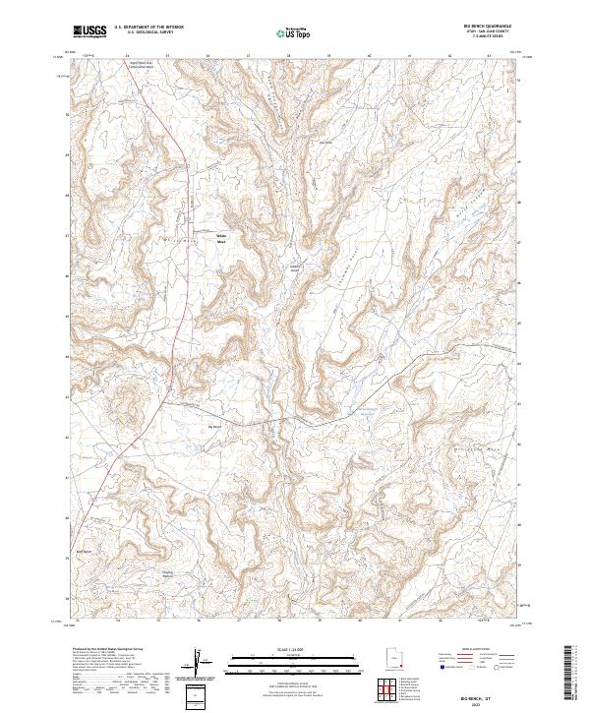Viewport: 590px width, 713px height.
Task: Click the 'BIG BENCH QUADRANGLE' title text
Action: click(493, 27)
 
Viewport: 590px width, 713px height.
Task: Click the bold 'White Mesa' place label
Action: click(222, 237)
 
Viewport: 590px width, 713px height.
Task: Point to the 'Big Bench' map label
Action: click(215, 426)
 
